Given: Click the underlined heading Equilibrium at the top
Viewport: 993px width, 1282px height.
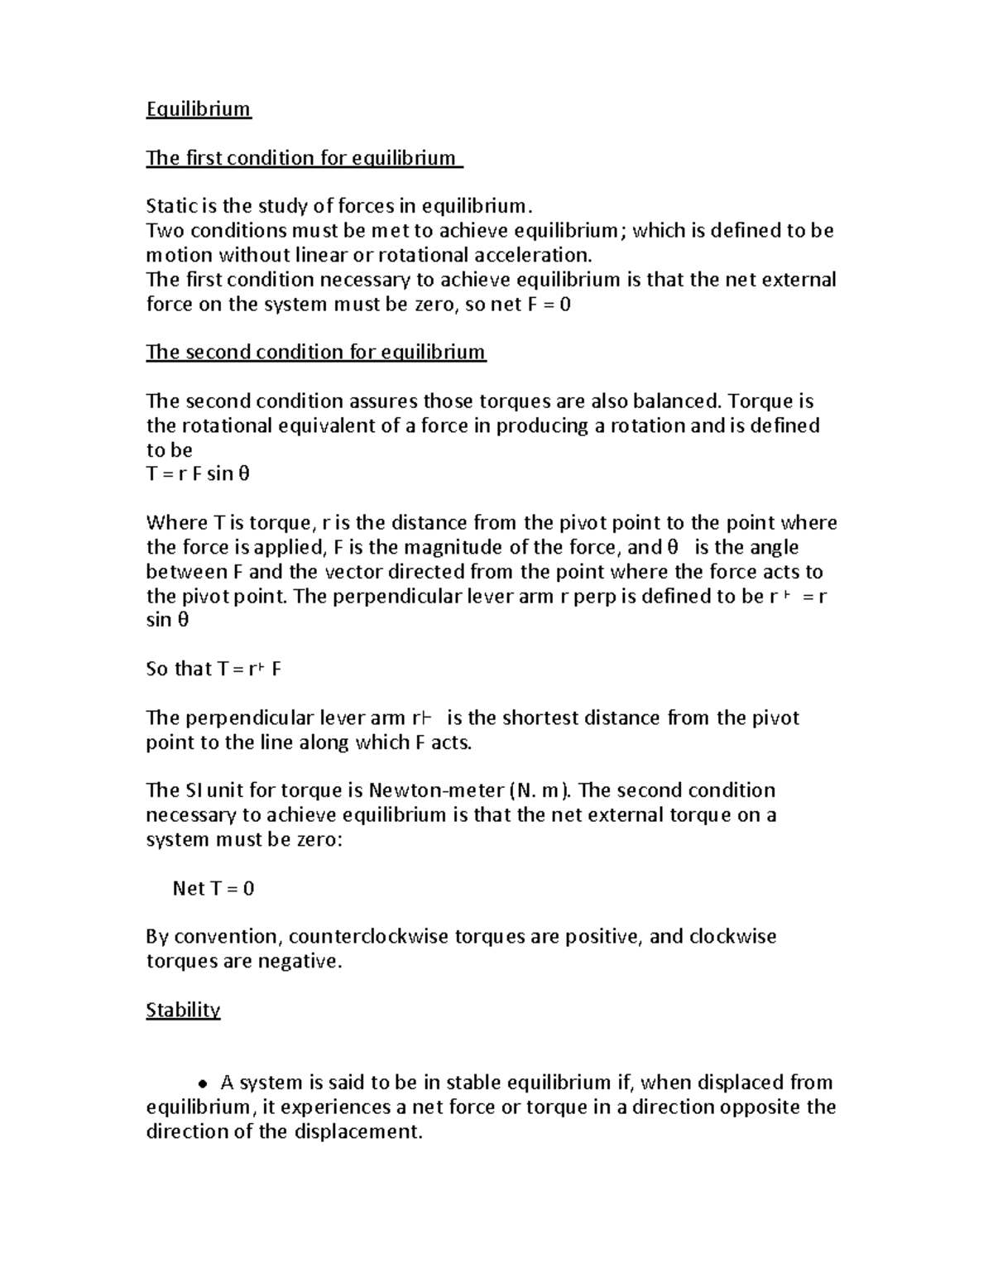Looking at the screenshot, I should [x=199, y=109].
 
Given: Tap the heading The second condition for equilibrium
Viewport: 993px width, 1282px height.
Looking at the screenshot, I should [x=315, y=353].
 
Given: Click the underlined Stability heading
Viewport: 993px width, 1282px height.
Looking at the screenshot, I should [x=183, y=1010].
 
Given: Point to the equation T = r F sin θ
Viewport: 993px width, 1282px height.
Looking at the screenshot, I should [x=198, y=474].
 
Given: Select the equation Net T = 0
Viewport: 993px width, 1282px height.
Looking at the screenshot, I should [x=213, y=888].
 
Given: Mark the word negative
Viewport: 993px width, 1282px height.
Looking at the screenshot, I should [x=299, y=962].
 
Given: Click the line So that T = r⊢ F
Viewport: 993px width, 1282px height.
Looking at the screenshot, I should [x=213, y=669].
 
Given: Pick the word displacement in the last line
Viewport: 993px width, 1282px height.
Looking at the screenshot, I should [x=357, y=1132].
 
